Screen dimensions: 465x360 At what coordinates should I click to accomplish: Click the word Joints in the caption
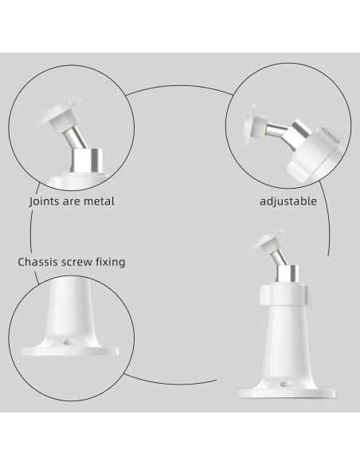[x=45, y=201]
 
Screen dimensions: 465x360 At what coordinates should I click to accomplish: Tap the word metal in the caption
[x=98, y=201]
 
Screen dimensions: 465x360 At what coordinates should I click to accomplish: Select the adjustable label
[x=288, y=201]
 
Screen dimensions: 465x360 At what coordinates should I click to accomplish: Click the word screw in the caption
[x=84, y=261]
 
